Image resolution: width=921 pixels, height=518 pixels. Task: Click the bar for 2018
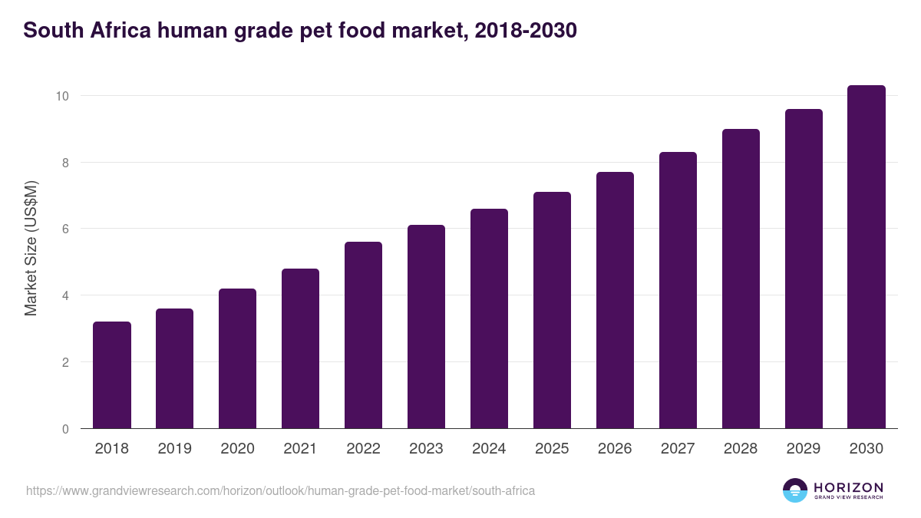[x=112, y=375]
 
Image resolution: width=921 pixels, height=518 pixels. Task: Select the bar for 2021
[x=300, y=348]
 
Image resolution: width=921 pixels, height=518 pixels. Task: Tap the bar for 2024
[x=489, y=318]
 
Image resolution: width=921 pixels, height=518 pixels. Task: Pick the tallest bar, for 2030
[x=867, y=257]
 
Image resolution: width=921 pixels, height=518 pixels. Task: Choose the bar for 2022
[x=363, y=335]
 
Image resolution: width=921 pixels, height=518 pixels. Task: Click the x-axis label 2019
[x=175, y=449]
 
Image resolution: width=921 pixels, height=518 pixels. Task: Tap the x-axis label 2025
[x=552, y=449]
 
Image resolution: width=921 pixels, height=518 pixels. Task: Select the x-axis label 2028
[x=741, y=449]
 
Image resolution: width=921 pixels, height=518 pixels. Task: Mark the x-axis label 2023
[x=426, y=449]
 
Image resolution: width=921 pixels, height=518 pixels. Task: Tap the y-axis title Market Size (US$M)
[x=31, y=248]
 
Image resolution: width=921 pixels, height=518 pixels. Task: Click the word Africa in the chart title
[x=120, y=31]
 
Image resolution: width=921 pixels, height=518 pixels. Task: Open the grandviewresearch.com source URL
[x=280, y=490]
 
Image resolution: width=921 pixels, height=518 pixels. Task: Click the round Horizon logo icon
[x=795, y=490]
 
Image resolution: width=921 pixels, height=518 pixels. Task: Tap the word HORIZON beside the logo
[x=848, y=487]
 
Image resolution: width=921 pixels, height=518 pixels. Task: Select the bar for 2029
[x=804, y=269]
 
